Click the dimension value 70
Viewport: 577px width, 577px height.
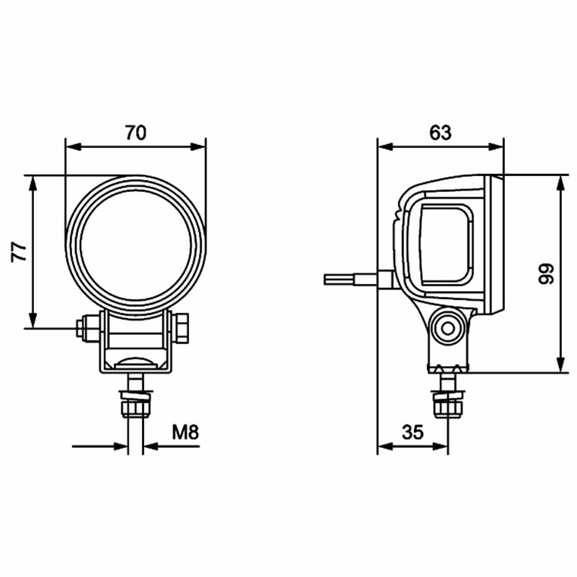point(136,133)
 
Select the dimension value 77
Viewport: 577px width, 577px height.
point(19,252)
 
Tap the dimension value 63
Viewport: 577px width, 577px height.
point(440,133)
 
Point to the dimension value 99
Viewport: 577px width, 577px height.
point(546,274)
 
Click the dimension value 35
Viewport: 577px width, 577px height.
point(413,432)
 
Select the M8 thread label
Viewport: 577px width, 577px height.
point(185,432)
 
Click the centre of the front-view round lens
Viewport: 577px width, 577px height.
point(136,246)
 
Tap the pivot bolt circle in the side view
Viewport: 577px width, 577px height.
point(448,329)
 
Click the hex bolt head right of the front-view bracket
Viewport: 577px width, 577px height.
point(181,328)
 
